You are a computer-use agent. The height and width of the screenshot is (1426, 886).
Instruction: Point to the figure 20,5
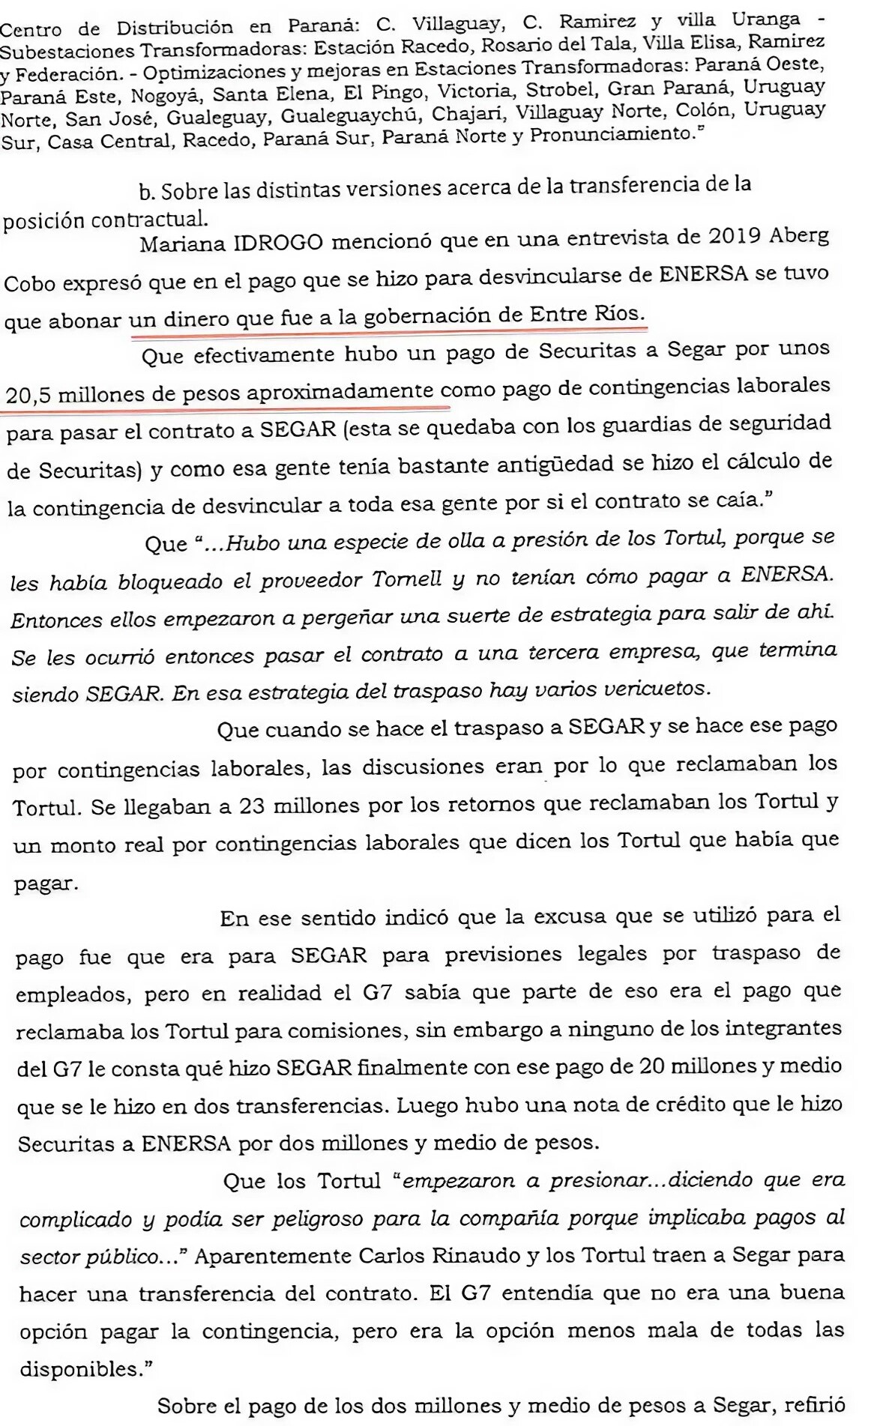point(28,393)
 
